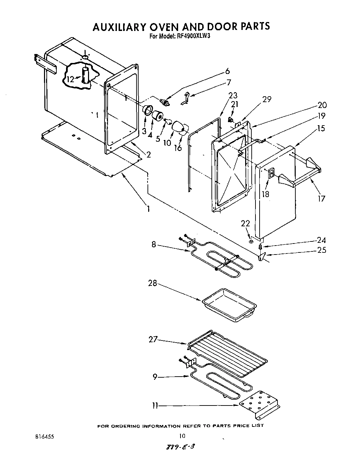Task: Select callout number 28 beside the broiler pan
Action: [152, 283]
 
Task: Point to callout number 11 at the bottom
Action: [155, 406]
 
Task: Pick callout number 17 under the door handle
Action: [321, 198]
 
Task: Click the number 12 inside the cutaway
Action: [70, 79]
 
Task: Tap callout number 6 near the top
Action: [227, 71]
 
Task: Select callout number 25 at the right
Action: [321, 250]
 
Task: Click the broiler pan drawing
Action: [229, 304]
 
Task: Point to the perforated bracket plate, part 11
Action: [260, 403]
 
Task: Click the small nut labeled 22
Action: [251, 241]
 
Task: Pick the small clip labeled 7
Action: [186, 98]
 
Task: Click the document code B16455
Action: [44, 436]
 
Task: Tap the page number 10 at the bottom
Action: [182, 436]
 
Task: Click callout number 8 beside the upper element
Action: [154, 245]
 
